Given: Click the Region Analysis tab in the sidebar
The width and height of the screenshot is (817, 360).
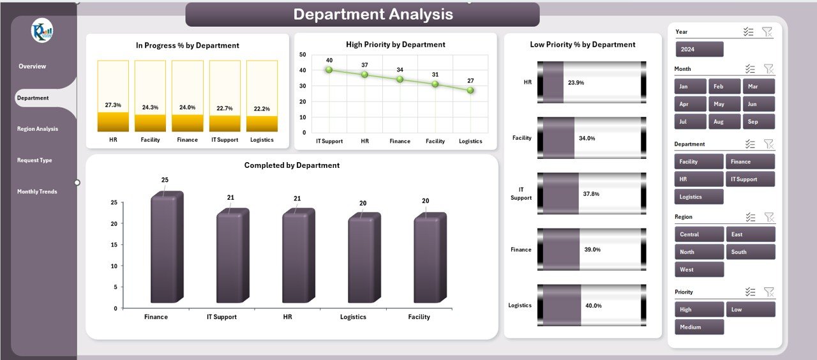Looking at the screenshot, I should click(x=38, y=129).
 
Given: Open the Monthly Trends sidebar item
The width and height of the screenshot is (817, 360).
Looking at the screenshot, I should click(x=37, y=191).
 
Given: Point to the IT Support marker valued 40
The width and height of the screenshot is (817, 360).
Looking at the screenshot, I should click(x=329, y=70).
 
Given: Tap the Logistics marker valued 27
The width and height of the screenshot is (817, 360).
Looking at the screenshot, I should click(x=470, y=90).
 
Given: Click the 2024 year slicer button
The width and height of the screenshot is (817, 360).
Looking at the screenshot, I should click(x=700, y=49).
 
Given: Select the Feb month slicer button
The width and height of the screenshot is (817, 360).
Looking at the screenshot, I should click(x=724, y=86).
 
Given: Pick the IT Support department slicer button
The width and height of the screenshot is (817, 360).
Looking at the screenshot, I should click(x=750, y=179).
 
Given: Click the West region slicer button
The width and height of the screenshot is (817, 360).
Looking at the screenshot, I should click(x=699, y=269).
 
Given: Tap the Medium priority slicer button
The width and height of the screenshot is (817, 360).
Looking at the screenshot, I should click(x=699, y=327).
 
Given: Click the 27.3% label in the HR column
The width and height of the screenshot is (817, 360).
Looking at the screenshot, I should click(x=113, y=105).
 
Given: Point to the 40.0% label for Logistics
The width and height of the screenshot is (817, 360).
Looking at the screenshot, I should click(x=592, y=305).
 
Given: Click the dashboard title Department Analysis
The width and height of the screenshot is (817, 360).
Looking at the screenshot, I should click(x=373, y=15).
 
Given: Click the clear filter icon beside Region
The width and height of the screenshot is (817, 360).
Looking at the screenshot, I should click(x=768, y=217).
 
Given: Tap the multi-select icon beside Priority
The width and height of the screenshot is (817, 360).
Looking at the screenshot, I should click(x=751, y=292).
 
